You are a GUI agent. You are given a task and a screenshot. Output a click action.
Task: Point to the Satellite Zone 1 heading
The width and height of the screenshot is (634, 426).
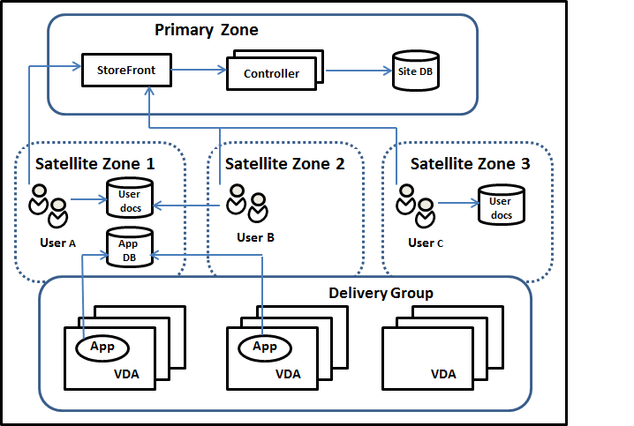click(94, 163)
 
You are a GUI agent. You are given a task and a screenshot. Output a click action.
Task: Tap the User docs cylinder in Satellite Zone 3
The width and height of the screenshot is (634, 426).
click(500, 204)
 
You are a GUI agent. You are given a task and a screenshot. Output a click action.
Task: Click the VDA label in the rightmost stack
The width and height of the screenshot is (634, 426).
click(443, 373)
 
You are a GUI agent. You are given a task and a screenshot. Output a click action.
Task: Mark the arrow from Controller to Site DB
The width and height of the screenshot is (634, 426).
click(358, 71)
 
